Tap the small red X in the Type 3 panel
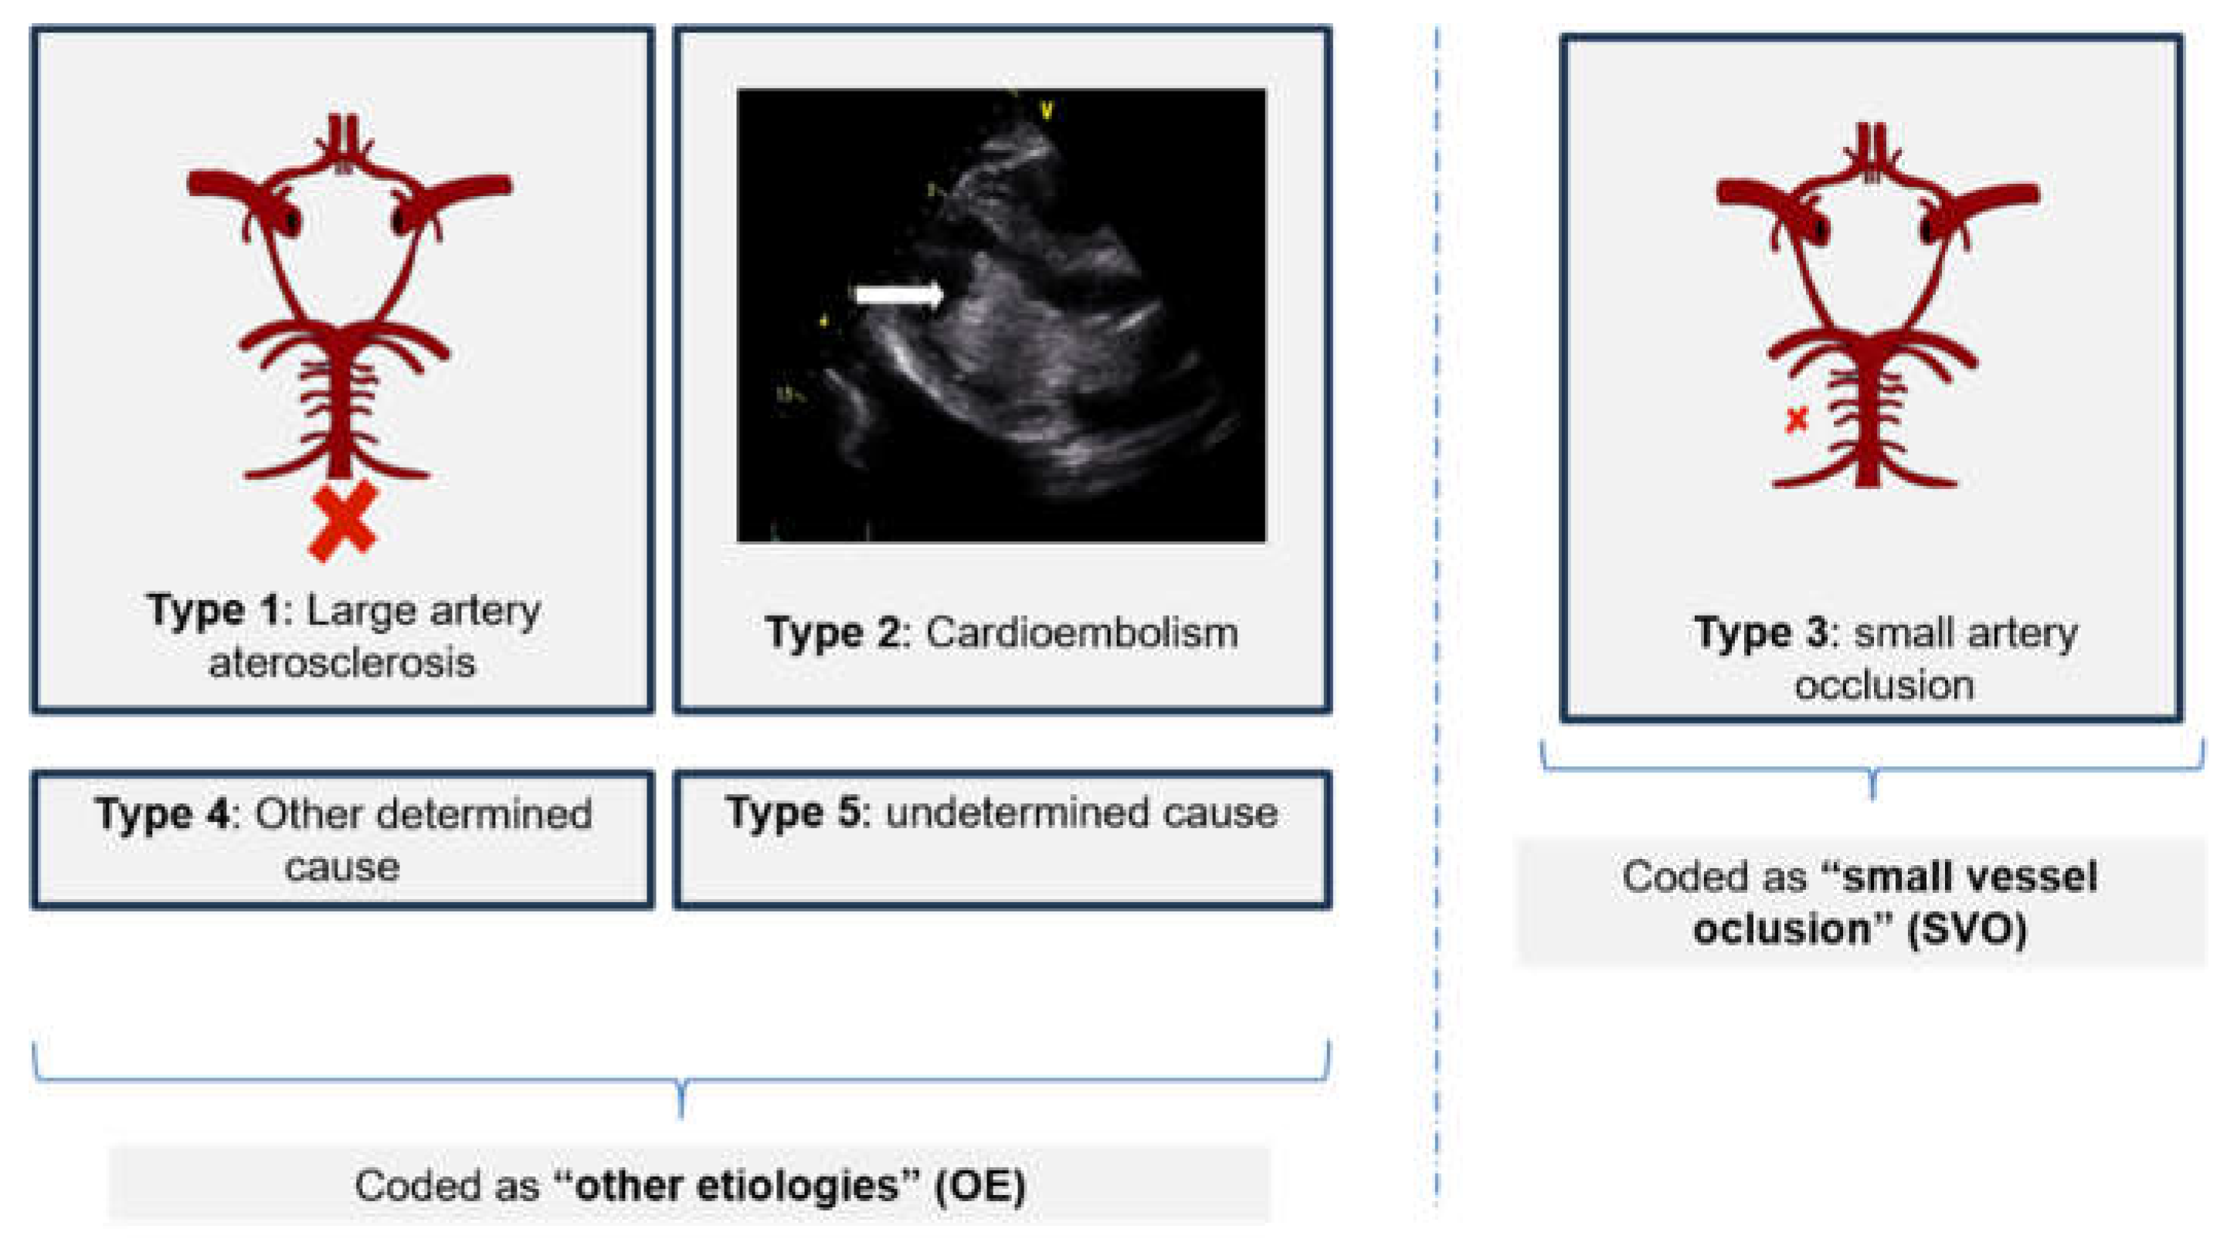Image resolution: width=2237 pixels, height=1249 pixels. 1797,420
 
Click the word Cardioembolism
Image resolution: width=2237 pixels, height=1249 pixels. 1082,633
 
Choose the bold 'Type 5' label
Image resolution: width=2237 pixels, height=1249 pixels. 796,813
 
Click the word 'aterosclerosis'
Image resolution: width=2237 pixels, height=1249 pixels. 342,664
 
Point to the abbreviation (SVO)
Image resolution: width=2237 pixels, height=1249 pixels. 1967,930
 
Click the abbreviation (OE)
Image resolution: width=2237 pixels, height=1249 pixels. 980,1186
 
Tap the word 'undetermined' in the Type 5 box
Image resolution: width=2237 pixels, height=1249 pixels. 1015,813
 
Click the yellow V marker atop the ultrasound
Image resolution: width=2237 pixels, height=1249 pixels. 1047,110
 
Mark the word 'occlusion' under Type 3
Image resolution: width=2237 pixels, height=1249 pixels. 1885,685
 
